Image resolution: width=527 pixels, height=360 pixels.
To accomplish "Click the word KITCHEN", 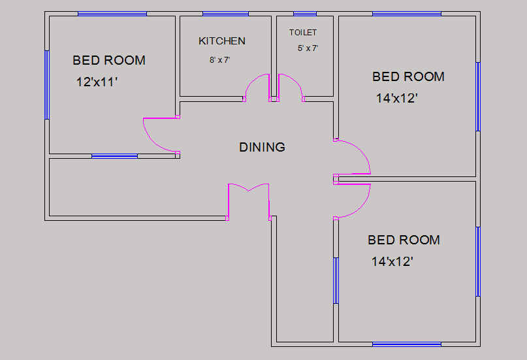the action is [222, 41].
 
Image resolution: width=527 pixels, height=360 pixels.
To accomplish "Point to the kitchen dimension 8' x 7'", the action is [220, 60].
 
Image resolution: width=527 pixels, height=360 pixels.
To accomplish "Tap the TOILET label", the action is [303, 33].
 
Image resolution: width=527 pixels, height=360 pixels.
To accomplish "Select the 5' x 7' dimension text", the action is [308, 48].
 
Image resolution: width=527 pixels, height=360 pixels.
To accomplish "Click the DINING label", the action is [262, 147].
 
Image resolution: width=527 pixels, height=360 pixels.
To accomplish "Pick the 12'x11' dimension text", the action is [97, 82].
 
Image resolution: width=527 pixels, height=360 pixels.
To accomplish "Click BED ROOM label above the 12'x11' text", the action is [109, 61].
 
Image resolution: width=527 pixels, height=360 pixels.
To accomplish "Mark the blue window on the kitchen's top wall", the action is [225, 14].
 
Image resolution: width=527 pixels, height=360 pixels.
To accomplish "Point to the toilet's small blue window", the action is [305, 14].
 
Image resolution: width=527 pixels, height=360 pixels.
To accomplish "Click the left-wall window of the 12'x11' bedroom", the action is [47, 85].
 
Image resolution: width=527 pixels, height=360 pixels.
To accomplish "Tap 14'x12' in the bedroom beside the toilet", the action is [396, 99].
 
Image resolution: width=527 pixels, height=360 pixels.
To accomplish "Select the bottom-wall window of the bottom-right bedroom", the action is [407, 344].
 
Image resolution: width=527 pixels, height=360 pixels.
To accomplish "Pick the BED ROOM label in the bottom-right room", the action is [404, 240].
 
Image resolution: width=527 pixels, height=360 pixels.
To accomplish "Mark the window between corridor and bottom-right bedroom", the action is [336, 281].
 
